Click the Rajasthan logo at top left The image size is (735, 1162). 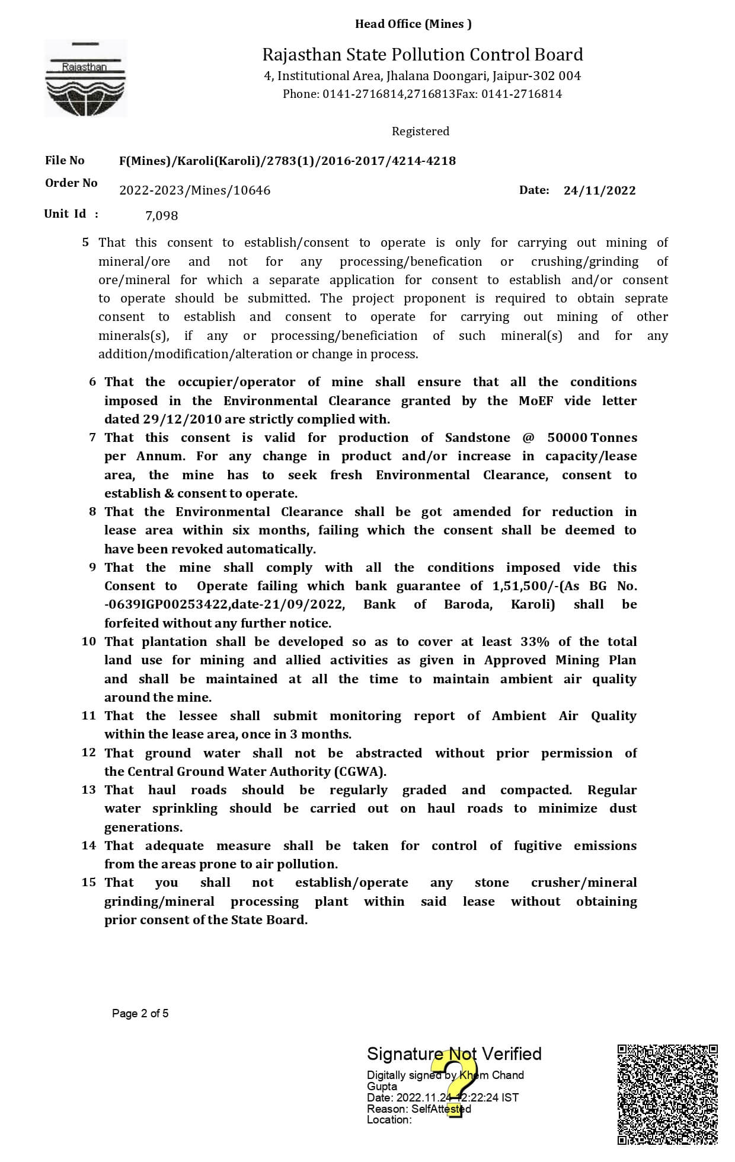(85, 78)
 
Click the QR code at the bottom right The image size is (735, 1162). (667, 1094)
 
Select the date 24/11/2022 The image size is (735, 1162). (599, 190)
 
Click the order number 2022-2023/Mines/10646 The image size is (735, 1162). (194, 190)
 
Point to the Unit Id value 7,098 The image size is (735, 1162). (161, 215)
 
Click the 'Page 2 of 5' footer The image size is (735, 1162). (140, 1013)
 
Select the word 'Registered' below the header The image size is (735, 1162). (420, 131)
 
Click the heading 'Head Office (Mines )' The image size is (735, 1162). (413, 24)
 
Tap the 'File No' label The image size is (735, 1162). (65, 160)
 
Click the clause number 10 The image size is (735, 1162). (88, 641)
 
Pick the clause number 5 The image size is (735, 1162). (86, 242)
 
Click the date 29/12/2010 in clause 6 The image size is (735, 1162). (174, 419)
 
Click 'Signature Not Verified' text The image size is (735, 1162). (454, 1053)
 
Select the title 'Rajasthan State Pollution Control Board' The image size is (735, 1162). (423, 55)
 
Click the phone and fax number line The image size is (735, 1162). (422, 94)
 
